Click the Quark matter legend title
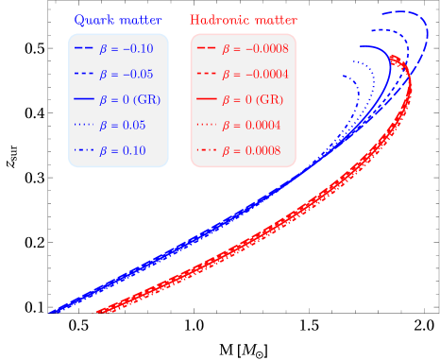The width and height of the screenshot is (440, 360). pyautogui.click(x=118, y=20)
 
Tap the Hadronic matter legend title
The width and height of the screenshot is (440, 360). pyautogui.click(x=243, y=20)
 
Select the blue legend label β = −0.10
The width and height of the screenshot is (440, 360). pyautogui.click(x=127, y=48)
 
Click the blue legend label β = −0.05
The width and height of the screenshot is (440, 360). pyautogui.click(x=127, y=74)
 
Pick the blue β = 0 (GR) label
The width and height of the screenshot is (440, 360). pyautogui.click(x=131, y=99)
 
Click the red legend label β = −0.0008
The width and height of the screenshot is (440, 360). pyautogui.click(x=256, y=48)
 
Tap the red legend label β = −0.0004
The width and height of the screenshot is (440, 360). pyautogui.click(x=256, y=74)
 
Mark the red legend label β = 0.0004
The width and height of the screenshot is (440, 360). pyautogui.click(x=252, y=125)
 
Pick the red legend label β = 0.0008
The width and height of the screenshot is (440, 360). pyautogui.click(x=252, y=150)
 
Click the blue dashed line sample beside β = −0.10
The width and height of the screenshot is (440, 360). pyautogui.click(x=83, y=48)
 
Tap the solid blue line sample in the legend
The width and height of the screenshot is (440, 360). pyautogui.click(x=83, y=99)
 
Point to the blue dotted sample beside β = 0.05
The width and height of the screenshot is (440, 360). pyautogui.click(x=83, y=125)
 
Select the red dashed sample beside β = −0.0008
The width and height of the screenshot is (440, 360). pyautogui.click(x=206, y=48)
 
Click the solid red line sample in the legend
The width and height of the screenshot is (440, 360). pyautogui.click(x=206, y=99)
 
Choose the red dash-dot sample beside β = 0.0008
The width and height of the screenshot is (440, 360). pyautogui.click(x=206, y=150)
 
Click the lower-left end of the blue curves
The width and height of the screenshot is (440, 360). pyautogui.click(x=51, y=311)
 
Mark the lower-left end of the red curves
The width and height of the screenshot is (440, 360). pyautogui.click(x=98, y=311)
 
